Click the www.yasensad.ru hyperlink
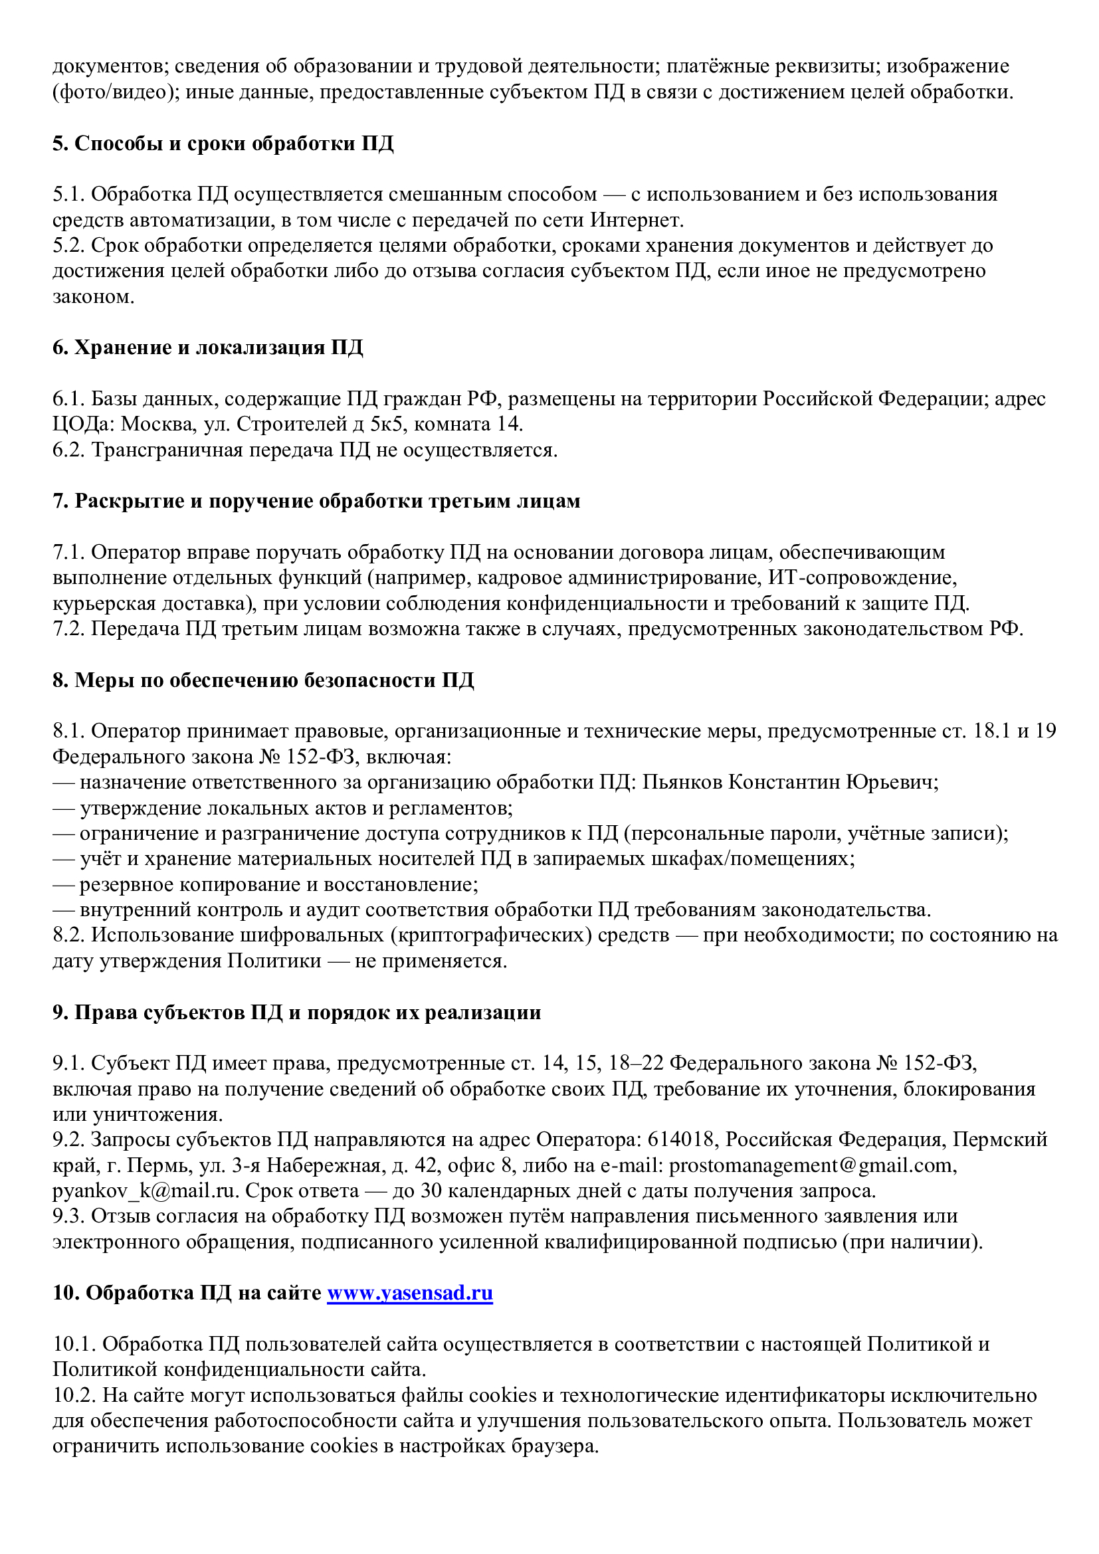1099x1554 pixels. click(x=409, y=1293)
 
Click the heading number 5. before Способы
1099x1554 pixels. click(x=60, y=144)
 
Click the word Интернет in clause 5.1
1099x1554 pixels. click(x=635, y=220)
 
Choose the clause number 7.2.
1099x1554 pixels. click(x=68, y=629)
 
